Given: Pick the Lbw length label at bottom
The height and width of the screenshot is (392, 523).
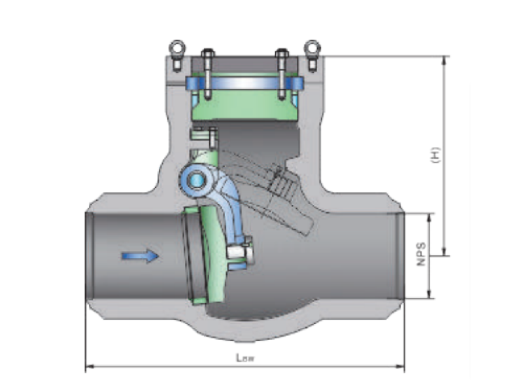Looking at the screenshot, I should pyautogui.click(x=246, y=358).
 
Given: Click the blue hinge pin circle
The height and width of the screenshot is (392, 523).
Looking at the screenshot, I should pyautogui.click(x=194, y=178).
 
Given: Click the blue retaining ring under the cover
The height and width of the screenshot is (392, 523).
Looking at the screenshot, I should pyautogui.click(x=244, y=84).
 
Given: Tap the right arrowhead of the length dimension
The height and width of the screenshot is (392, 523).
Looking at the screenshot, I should pyautogui.click(x=401, y=366).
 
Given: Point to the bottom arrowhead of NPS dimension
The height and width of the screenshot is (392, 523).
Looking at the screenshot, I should pyautogui.click(x=430, y=295).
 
